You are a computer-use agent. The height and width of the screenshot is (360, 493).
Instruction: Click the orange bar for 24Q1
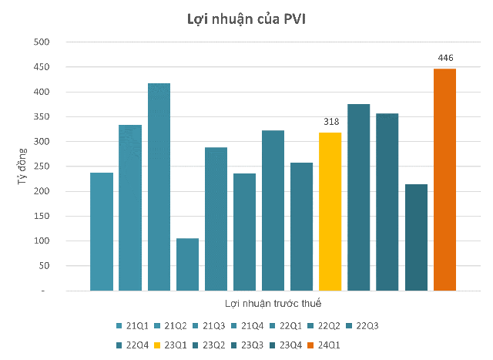[444, 180]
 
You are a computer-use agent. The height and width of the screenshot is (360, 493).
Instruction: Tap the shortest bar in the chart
[187, 264]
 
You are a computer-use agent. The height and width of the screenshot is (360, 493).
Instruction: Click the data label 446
[445, 58]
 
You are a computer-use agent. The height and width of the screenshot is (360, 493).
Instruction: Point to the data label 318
[330, 122]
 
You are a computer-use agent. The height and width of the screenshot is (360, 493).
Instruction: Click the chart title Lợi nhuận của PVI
[246, 19]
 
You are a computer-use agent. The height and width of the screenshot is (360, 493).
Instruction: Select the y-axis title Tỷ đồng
[22, 166]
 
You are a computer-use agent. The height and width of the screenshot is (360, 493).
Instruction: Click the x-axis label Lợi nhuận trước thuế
[273, 304]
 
